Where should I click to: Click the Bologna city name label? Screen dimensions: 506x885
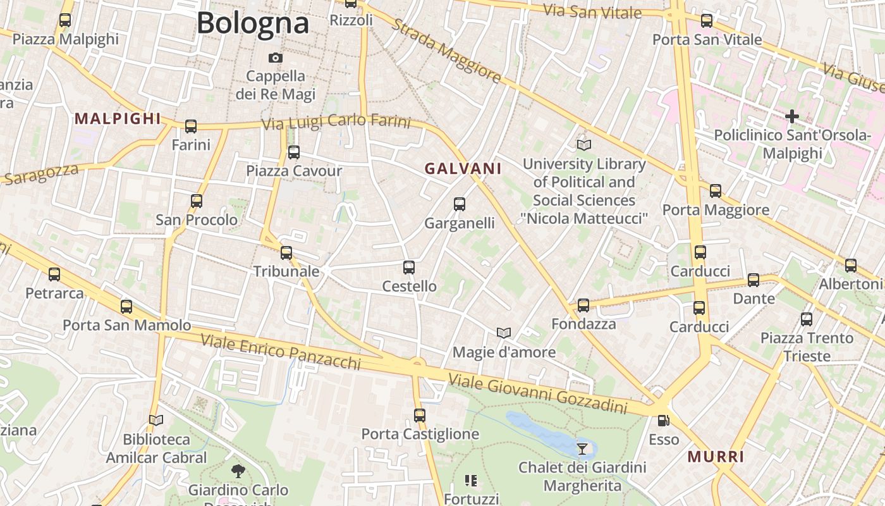[x=252, y=23]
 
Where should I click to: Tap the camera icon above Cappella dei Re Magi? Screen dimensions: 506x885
[x=275, y=58]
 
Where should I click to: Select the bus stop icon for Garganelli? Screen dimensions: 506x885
[x=460, y=204]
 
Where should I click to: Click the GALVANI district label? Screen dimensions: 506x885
[x=463, y=169]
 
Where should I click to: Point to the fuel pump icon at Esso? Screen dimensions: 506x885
[x=663, y=420]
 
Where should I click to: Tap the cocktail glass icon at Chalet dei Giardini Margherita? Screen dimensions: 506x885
[x=582, y=448]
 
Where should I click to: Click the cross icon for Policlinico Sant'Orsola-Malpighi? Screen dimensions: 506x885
[x=791, y=116]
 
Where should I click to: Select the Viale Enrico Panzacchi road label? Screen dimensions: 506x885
[x=281, y=352]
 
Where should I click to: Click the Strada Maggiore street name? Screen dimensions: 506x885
[x=446, y=51]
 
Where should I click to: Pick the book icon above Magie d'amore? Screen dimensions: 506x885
[x=504, y=333]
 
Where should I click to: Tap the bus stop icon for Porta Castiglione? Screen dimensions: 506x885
[x=420, y=416]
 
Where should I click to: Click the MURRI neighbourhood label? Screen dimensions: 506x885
[x=716, y=457]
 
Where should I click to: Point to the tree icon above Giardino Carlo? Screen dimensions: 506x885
[x=238, y=471]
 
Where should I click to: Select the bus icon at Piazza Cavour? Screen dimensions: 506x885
[x=294, y=152]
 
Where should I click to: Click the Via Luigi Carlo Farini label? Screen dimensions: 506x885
[x=336, y=122]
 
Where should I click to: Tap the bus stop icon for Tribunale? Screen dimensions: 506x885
[x=286, y=253]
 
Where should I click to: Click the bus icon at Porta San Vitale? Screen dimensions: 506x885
[x=707, y=21]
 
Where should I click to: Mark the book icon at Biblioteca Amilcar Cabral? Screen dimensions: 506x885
[x=156, y=420]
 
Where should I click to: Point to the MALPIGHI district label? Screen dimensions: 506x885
[x=118, y=118]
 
